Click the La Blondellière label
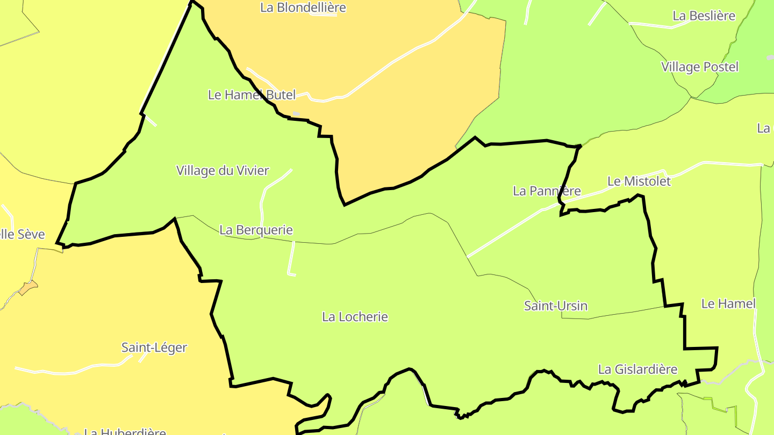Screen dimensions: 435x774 [303, 8]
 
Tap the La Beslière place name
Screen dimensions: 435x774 [704, 16]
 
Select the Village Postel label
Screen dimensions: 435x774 [700, 67]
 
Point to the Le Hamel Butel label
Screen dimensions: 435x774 [252, 95]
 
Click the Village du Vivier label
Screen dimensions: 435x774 [223, 171]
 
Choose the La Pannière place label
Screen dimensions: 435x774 [547, 191]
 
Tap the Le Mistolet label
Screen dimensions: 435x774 [639, 182]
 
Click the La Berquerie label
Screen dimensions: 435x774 [256, 230]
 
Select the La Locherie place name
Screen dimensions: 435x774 [355, 317]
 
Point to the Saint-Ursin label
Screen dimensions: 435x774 [555, 306]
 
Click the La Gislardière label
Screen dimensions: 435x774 [637, 369]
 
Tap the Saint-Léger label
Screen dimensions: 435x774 [154, 347]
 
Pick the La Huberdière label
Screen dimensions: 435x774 [125, 431]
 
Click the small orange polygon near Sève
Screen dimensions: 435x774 [28, 288]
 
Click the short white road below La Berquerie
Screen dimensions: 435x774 [291, 258]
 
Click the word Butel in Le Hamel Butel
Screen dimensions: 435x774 [280, 95]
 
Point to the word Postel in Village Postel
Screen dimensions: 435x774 [720, 67]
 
